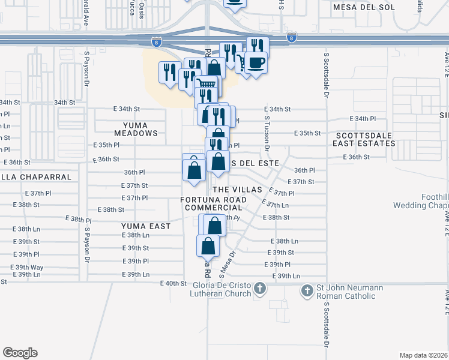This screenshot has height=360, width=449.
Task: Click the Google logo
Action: (x=20, y=353)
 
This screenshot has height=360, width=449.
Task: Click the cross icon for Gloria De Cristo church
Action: (x=259, y=289)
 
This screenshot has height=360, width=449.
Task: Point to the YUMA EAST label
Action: (x=146, y=226)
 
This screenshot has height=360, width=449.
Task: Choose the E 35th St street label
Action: (x=308, y=133)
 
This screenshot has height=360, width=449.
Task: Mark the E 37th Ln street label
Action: (x=277, y=205)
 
